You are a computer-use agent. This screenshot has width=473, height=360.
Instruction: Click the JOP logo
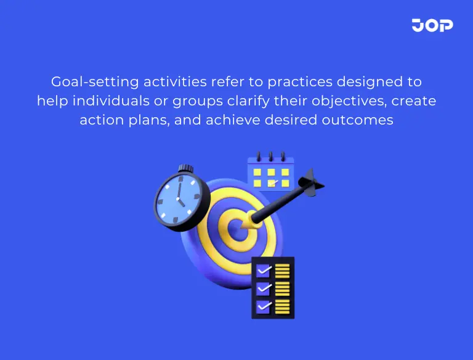point(432,25)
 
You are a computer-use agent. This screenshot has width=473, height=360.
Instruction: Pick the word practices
point(289,82)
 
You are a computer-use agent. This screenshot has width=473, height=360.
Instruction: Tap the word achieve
point(232,120)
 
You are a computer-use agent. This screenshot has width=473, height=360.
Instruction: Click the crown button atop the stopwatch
point(184,168)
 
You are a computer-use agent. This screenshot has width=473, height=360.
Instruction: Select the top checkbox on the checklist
point(263,271)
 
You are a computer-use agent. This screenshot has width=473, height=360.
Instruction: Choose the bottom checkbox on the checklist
point(263,306)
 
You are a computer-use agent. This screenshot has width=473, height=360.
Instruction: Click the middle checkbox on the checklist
point(263,288)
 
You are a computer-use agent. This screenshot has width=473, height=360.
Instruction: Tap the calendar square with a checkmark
point(272,183)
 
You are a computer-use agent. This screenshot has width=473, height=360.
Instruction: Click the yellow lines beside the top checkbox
point(283,271)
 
